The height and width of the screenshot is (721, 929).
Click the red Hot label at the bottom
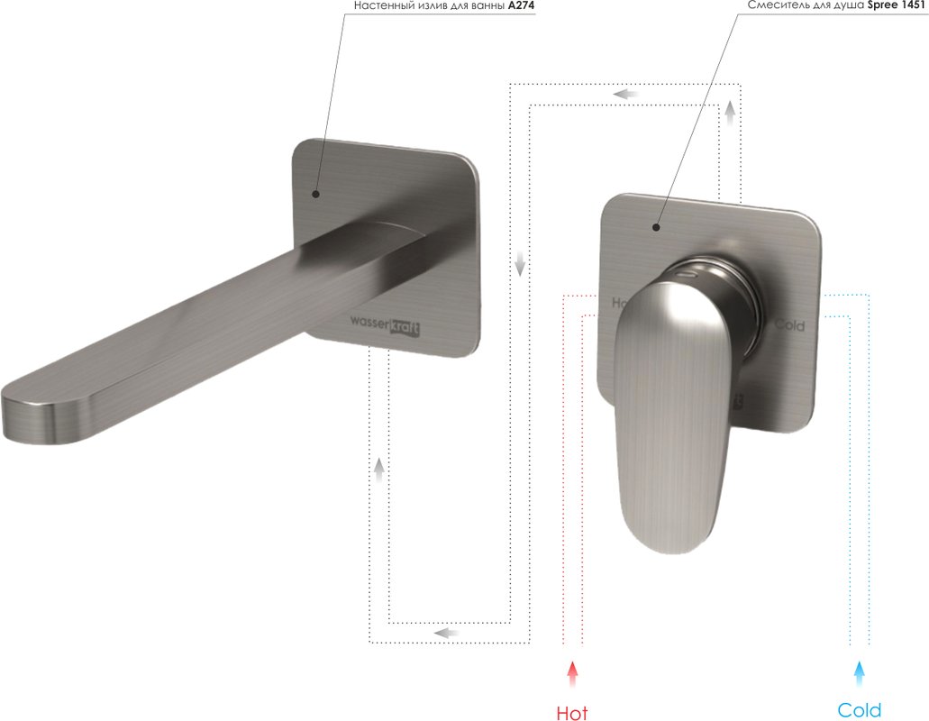coord(572,713)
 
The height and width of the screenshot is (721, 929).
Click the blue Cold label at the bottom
coord(859,710)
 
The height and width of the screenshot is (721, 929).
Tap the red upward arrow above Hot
coord(572,674)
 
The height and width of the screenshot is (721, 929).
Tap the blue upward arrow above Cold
coord(859,674)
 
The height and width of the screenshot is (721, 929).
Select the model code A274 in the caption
coord(522,5)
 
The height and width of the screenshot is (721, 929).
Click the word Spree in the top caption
coord(882,5)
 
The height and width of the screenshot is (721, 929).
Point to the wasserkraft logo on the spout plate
coord(385,325)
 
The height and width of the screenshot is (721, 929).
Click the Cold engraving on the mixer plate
coord(789,325)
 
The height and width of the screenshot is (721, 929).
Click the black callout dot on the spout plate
coord(315,194)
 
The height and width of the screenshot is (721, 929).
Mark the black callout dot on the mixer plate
coord(656,227)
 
